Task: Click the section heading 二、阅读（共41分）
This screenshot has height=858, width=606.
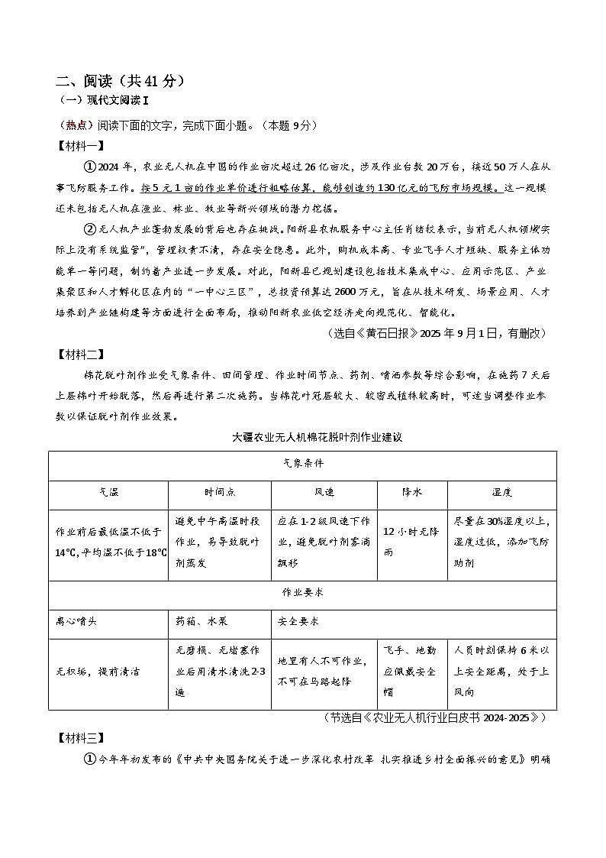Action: point(120,82)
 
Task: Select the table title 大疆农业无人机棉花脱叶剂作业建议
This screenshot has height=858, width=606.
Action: point(317,438)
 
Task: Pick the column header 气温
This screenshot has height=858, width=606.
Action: point(108,494)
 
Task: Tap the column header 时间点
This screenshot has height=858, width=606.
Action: point(219,494)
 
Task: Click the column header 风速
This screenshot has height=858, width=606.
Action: point(324,494)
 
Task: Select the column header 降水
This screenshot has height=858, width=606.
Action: point(411,494)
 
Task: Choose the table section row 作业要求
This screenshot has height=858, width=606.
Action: point(302,592)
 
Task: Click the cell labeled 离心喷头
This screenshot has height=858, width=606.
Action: point(76,621)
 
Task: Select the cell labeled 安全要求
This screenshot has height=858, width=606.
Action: point(299,621)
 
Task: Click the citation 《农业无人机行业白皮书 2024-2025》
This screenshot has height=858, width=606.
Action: point(435,717)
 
